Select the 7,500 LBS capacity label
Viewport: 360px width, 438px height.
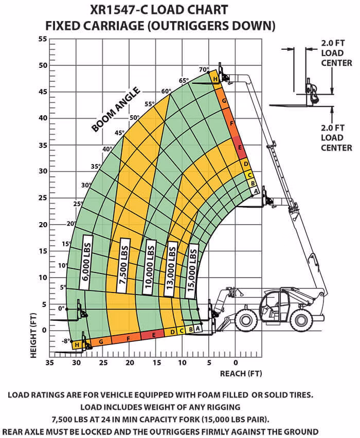[x=123, y=265]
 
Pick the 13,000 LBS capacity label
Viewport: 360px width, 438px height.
[x=171, y=269]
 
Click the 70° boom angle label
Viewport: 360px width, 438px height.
[x=204, y=69]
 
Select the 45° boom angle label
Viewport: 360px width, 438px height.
[x=119, y=133]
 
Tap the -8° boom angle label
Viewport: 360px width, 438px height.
[x=65, y=341]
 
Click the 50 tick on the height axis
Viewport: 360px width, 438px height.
[x=43, y=65]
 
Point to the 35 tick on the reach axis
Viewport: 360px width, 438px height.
[x=49, y=362]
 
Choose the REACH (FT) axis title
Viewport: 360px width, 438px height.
[x=241, y=373]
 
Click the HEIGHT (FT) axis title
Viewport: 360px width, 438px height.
[x=33, y=335]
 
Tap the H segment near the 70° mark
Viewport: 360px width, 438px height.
[x=215, y=79]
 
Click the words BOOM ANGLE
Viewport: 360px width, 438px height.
[x=116, y=109]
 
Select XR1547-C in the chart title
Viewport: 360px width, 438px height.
[x=120, y=10]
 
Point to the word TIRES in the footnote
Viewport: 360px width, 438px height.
[x=301, y=395]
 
